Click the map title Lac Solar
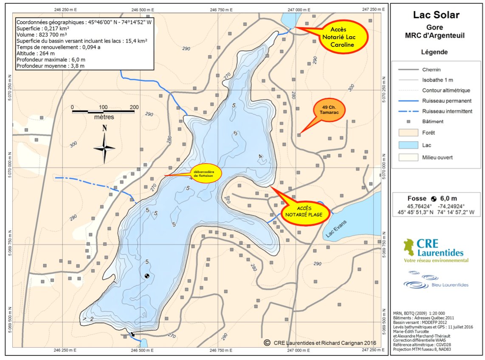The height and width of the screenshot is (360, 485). pyautogui.click(x=436, y=15)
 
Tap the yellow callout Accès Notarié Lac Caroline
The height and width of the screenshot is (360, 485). pyautogui.click(x=342, y=38)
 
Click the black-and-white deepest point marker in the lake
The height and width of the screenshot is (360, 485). pyautogui.click(x=147, y=276)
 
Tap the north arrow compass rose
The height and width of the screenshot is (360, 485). pyautogui.click(x=104, y=147)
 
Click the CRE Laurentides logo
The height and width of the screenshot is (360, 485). pyautogui.click(x=436, y=250)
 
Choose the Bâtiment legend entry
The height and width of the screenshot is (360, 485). pyautogui.click(x=433, y=122)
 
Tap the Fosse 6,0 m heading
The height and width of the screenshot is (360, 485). pyautogui.click(x=436, y=198)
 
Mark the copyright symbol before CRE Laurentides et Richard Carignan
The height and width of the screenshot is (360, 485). pyautogui.click(x=267, y=342)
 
